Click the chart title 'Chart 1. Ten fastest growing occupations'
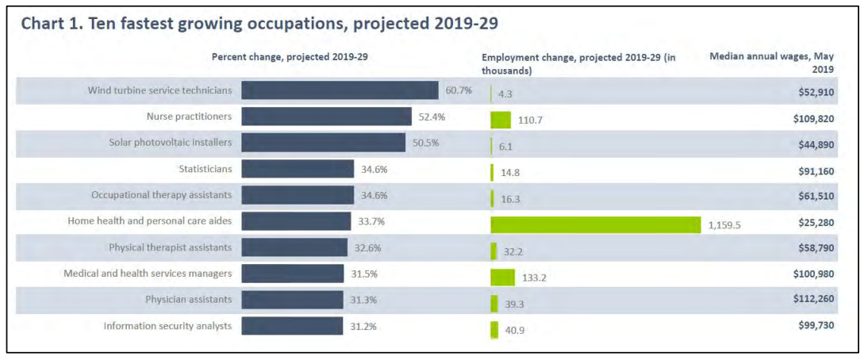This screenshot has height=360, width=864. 259,24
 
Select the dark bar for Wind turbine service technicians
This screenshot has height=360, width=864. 340,90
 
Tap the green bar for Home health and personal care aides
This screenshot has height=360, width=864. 596,224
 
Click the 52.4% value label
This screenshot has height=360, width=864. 432,117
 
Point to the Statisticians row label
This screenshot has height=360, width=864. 205,169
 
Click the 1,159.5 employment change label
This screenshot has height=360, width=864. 724,225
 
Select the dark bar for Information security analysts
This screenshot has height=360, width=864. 292,326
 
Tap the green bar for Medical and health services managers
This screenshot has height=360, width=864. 502,277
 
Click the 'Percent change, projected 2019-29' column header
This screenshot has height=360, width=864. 290,57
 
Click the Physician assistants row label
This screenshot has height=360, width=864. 189,300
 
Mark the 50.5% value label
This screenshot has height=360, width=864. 425,143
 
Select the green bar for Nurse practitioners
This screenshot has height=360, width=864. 501,120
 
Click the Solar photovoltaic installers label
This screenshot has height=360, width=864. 171,143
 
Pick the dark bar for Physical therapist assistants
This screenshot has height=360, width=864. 294,247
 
